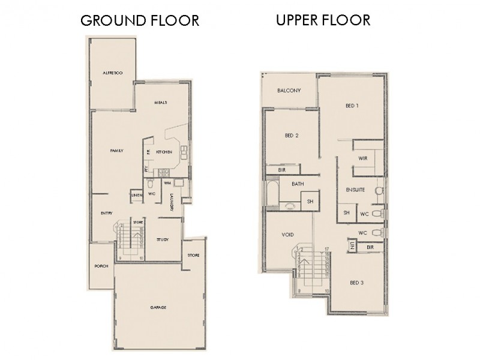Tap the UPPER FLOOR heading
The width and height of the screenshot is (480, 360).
[x=323, y=20]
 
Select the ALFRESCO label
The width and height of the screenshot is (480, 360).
[x=113, y=72]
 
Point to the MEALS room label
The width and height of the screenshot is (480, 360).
[x=160, y=103]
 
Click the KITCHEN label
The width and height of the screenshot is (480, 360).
[x=164, y=152]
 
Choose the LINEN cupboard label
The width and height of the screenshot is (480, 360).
[x=136, y=196]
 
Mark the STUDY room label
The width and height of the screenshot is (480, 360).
[x=162, y=239]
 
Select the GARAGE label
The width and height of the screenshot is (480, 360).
[x=158, y=307]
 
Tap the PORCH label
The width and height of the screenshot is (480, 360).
[x=101, y=266]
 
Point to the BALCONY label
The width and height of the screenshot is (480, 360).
[x=288, y=91]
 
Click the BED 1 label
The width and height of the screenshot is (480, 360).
[x=352, y=106]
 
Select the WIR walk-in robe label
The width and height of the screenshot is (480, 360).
[x=362, y=158]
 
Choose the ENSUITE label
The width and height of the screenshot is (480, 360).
[x=355, y=190]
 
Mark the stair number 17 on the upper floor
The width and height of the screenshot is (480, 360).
[x=327, y=248]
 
